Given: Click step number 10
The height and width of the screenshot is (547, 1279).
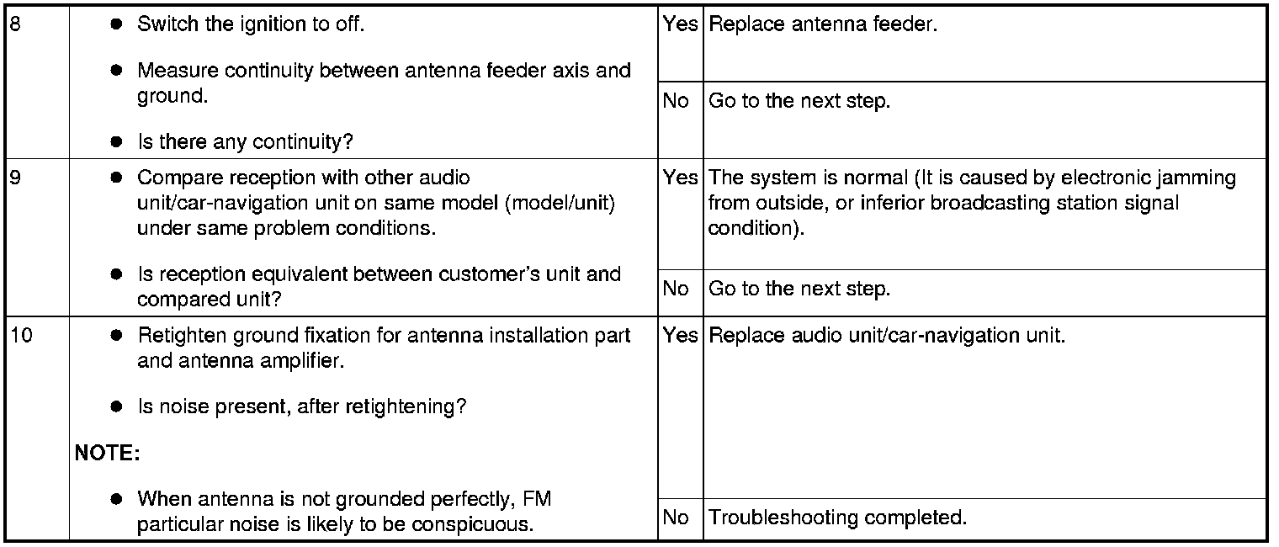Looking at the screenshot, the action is tap(21, 336).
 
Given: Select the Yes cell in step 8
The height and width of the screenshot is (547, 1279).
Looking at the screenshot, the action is tap(680, 24).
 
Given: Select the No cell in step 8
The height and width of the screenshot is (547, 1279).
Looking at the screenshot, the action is tap(676, 101).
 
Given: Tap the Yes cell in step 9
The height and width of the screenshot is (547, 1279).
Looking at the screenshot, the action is tap(680, 178).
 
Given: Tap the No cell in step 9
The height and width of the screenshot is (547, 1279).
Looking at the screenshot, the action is tap(676, 289).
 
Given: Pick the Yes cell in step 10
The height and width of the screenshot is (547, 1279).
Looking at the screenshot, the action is tap(680, 336).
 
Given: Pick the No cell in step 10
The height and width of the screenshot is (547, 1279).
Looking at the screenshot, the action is tap(676, 517).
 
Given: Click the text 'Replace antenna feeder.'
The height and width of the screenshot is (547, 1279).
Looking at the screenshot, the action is tap(823, 24).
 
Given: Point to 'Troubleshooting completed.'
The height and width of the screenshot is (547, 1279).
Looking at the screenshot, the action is tap(837, 517).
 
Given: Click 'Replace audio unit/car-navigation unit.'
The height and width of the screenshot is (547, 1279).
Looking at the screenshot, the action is tap(887, 336).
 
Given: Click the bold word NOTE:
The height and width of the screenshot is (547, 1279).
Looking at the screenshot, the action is tap(107, 454).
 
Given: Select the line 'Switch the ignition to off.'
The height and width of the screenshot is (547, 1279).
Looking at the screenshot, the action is tap(250, 24).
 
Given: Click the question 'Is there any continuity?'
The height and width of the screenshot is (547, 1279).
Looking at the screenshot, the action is tap(245, 141).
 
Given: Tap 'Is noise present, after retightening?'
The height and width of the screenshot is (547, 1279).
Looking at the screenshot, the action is tap(301, 407).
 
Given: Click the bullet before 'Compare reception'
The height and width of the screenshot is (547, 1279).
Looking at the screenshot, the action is tap(117, 178).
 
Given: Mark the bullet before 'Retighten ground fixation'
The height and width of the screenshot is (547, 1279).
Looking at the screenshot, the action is tap(117, 336).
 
